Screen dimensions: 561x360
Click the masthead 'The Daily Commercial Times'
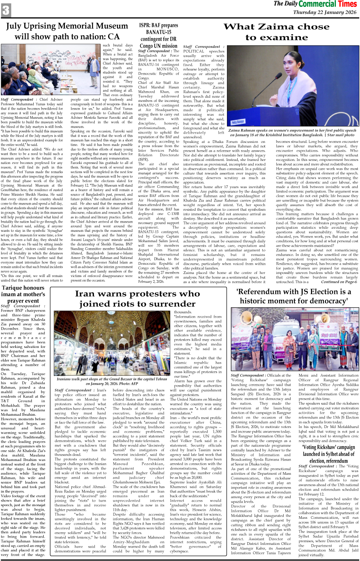pos(315,4)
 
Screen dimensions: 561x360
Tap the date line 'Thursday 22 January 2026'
pos(324,12)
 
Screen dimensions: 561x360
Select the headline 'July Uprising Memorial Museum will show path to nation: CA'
pos(67,31)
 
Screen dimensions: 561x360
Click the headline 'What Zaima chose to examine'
pos(276,32)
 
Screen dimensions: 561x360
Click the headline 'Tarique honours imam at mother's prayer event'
pos(23,294)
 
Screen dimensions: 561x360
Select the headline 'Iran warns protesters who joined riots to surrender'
pos(138,299)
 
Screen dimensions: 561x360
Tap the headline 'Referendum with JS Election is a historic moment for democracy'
pos(294,296)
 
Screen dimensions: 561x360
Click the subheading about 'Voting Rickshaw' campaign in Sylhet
pos(329,454)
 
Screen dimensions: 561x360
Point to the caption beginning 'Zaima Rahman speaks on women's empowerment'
pos(292,133)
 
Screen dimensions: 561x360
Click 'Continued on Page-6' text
pos(339,282)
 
